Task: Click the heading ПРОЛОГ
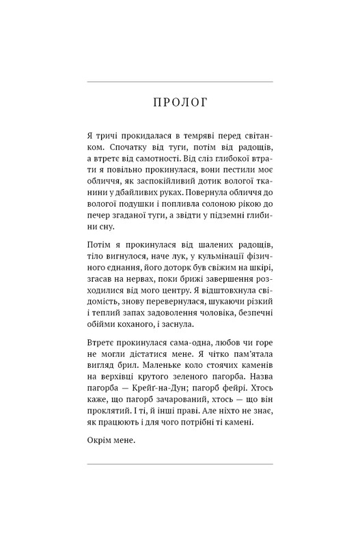[x=180, y=103]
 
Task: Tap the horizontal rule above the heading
[x=180, y=82]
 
